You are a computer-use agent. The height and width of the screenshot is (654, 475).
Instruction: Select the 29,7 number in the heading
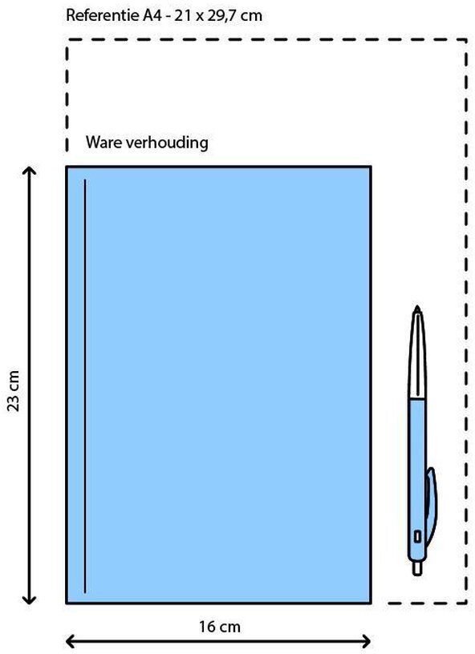click(x=224, y=16)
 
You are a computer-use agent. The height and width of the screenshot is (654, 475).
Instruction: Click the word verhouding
click(x=167, y=143)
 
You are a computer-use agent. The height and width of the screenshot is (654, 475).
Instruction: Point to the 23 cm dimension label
click(x=14, y=390)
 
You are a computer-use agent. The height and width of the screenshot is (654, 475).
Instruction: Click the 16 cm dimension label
click(x=220, y=627)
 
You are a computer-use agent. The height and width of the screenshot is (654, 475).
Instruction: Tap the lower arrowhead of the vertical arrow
click(x=29, y=599)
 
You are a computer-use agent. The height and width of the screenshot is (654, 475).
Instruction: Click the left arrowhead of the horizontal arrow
click(x=71, y=641)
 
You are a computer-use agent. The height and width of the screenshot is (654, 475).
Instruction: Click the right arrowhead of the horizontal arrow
click(x=366, y=641)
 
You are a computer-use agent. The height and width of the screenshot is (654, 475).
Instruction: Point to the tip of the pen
click(x=417, y=306)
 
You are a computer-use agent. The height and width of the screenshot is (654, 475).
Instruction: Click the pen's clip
click(x=431, y=507)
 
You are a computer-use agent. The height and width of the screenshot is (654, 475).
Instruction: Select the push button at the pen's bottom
click(x=417, y=568)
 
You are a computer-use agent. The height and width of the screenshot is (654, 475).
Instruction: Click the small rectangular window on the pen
click(x=417, y=536)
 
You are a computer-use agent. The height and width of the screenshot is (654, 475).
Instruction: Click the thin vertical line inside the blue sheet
click(x=85, y=386)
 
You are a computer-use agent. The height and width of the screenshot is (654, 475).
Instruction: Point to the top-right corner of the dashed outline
click(x=466, y=39)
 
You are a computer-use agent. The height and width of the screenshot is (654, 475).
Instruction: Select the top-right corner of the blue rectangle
click(x=370, y=167)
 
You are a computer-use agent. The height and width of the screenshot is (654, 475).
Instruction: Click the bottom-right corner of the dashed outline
click(x=466, y=603)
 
